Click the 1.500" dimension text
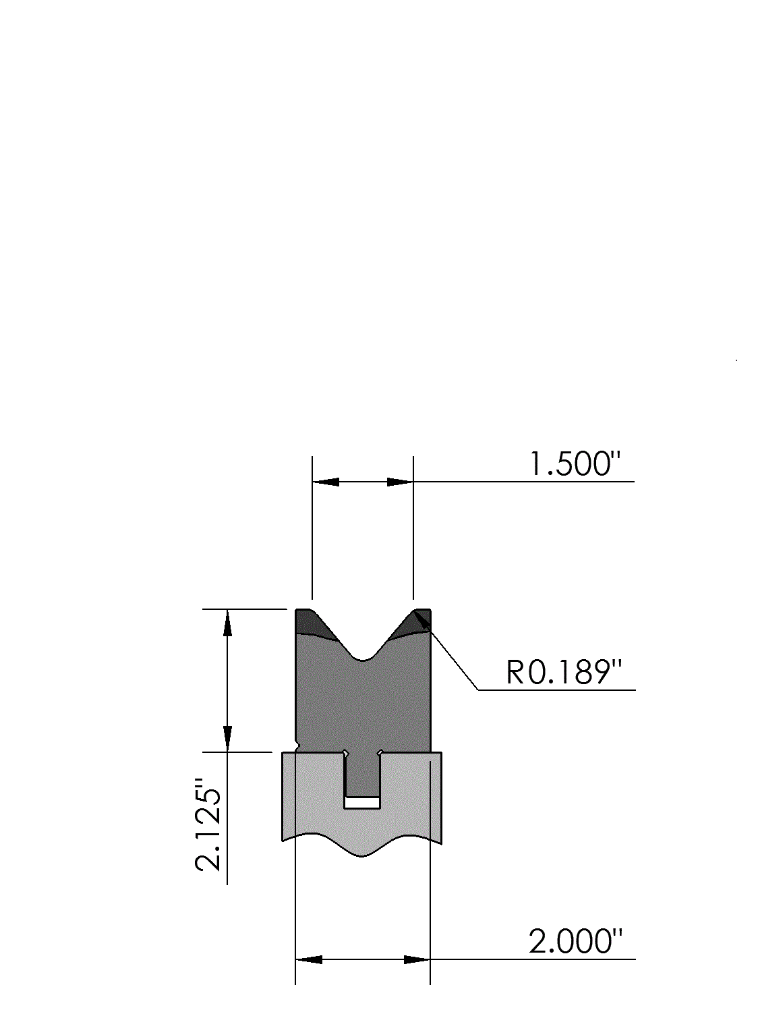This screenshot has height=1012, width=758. click(575, 463)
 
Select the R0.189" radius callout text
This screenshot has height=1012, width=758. click(564, 672)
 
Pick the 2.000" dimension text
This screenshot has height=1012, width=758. click(575, 941)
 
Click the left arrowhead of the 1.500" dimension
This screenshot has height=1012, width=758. click(326, 482)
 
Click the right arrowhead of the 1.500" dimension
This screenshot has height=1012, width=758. click(400, 482)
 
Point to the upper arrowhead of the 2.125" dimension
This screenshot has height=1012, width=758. click(227, 623)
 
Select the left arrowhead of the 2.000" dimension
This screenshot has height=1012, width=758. click(309, 960)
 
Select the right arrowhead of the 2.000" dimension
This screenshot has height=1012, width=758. click(417, 960)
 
